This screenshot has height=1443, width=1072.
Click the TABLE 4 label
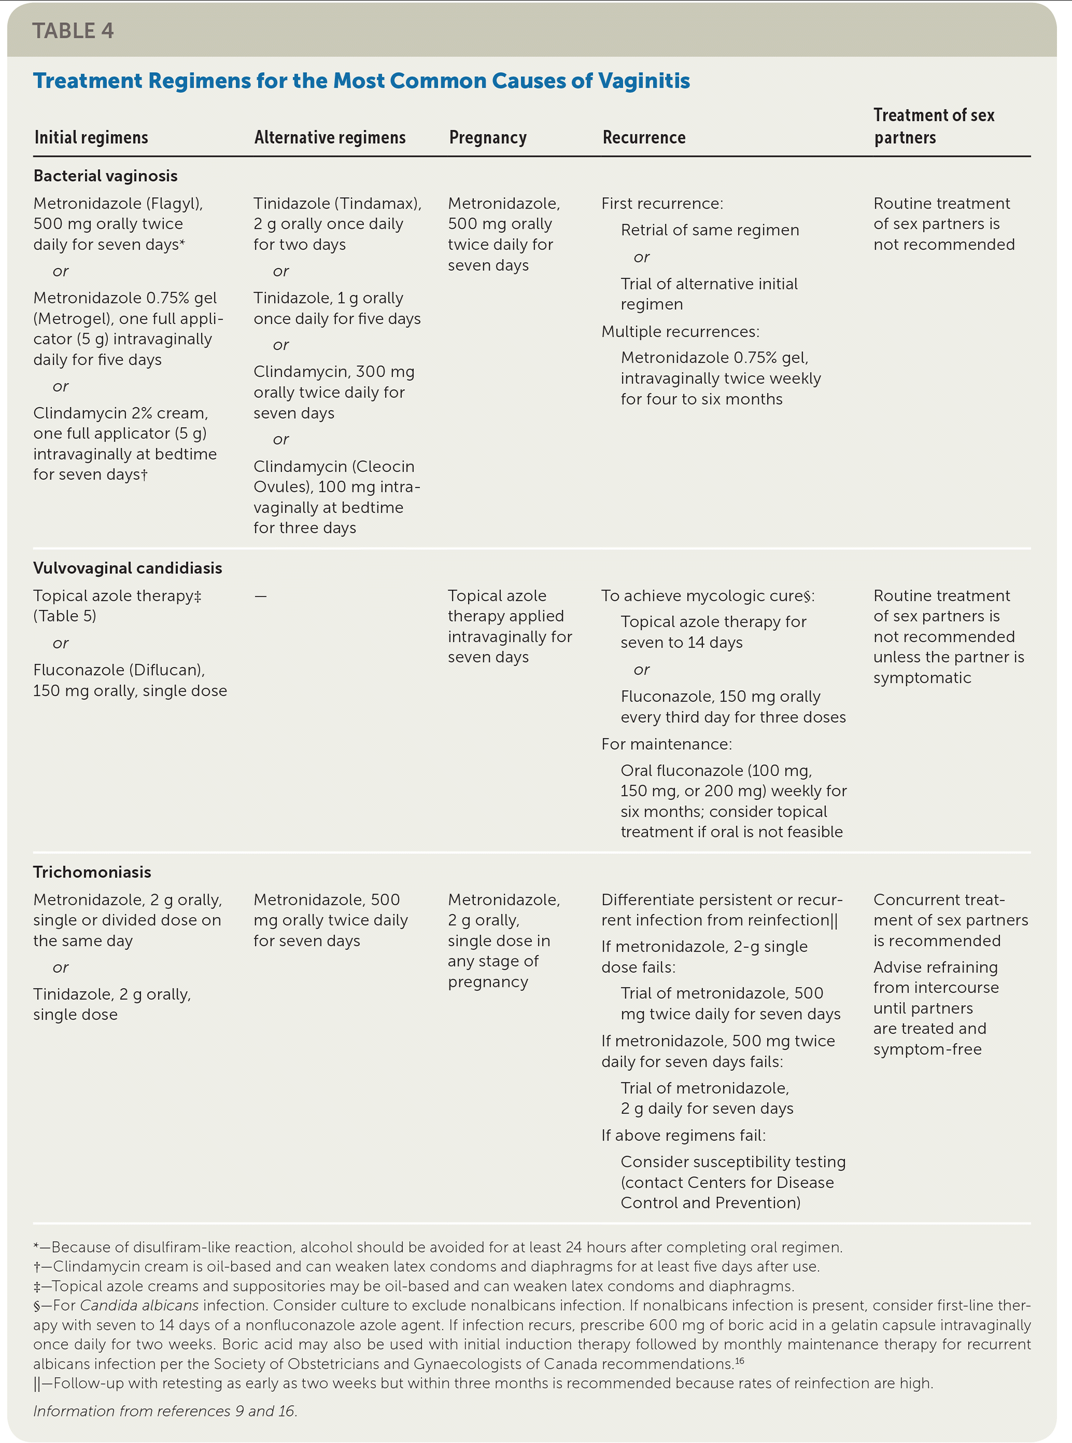point(73,31)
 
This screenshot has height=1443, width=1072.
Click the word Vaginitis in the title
point(644,80)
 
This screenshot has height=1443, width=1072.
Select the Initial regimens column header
point(91,137)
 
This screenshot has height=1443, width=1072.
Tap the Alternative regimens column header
point(330,137)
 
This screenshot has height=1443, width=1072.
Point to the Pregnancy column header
point(487,137)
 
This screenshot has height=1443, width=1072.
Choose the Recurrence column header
point(644,137)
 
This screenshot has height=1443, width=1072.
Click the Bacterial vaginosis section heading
point(105,175)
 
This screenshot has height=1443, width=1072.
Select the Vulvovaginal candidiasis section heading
point(127,568)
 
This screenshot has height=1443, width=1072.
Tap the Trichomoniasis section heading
point(92,872)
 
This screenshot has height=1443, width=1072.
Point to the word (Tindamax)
point(378,203)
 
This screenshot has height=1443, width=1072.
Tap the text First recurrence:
point(662,203)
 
